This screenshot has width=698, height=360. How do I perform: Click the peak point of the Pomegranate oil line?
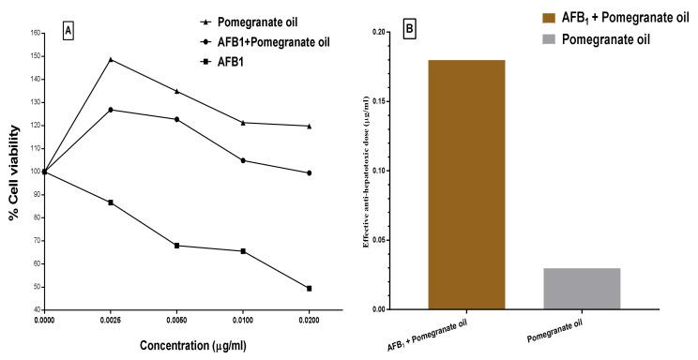[x=111, y=59]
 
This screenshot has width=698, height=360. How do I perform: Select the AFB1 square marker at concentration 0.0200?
[x=309, y=288]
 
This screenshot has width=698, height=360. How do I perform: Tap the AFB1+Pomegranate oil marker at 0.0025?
[x=111, y=110]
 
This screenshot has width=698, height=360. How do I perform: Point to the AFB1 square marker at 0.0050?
[x=176, y=246]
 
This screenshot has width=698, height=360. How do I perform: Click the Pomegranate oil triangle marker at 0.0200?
[x=309, y=126]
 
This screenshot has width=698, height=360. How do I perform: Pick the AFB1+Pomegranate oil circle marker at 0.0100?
[x=243, y=160]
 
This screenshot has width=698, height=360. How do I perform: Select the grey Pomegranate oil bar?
[x=582, y=289]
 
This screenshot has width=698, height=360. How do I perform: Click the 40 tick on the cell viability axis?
[x=36, y=309]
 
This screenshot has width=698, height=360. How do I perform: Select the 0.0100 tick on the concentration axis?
[x=243, y=320]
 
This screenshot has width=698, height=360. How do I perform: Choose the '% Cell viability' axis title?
[x=14, y=172]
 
